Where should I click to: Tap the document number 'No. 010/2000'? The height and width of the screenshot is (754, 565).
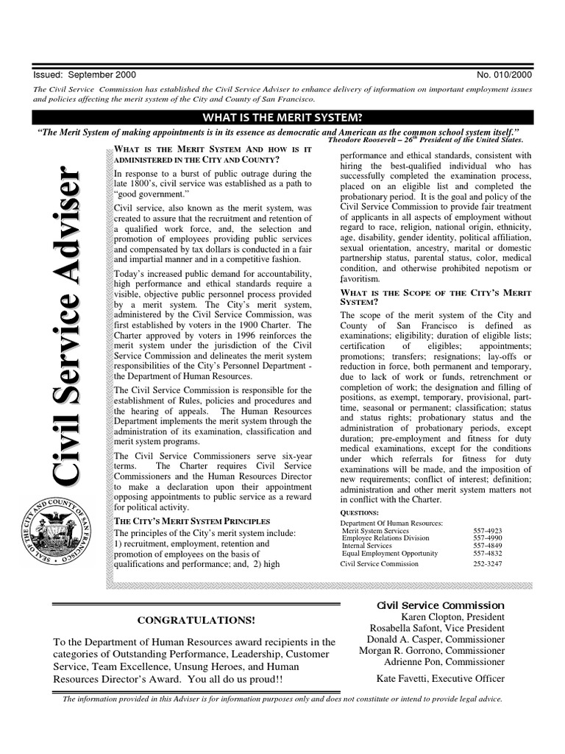click(505, 74)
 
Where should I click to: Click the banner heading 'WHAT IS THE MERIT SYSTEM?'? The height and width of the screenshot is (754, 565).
click(282, 117)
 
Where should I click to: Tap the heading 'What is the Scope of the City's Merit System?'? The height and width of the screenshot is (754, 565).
click(436, 296)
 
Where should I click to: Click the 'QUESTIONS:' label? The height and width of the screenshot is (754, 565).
click(359, 512)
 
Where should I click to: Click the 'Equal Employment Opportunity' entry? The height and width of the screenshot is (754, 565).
click(390, 554)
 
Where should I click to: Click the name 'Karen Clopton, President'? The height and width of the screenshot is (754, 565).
click(452, 617)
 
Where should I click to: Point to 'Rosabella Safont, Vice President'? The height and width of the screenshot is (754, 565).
click(437, 629)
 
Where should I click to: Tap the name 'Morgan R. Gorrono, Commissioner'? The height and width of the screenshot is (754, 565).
click(432, 651)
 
